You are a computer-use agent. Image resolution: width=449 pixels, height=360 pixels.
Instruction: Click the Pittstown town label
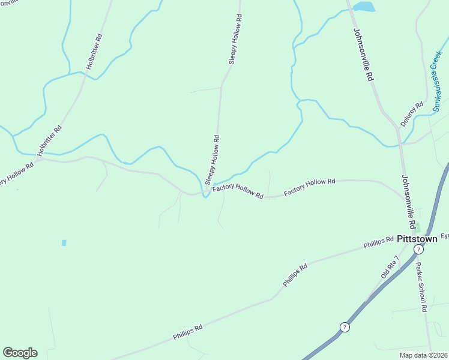pos(417,238)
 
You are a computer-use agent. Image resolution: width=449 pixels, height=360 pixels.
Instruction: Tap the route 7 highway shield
pos(344,327)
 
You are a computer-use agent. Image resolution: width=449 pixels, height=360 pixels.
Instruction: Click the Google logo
pos(20,353)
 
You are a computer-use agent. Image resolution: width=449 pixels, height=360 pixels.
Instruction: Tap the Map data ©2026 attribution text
pos(423,355)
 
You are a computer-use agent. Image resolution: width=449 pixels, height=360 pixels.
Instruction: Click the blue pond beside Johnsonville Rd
pos(364,7)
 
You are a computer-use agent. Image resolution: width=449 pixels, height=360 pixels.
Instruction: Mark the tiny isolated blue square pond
pos(64,243)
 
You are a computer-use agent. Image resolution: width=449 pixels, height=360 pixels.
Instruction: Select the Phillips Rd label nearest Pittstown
pos(378,242)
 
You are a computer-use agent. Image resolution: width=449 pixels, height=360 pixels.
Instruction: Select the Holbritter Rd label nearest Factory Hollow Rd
pos(49,140)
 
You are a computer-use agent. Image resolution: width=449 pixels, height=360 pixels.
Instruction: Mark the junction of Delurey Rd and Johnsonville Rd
pos(397,128)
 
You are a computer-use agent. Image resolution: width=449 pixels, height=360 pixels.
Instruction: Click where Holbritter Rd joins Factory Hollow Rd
pos(38,159)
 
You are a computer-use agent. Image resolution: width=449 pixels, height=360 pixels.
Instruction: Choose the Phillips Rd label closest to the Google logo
pos(188,330)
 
